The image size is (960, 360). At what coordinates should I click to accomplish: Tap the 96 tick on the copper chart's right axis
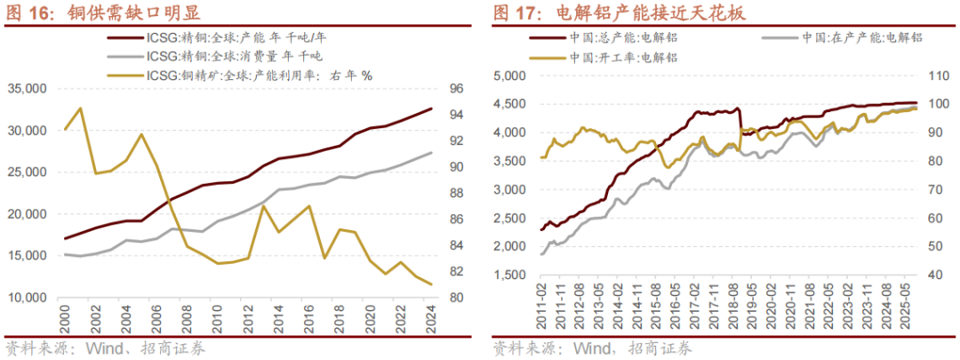(454, 89)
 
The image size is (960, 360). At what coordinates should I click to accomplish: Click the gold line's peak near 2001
(80, 108)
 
